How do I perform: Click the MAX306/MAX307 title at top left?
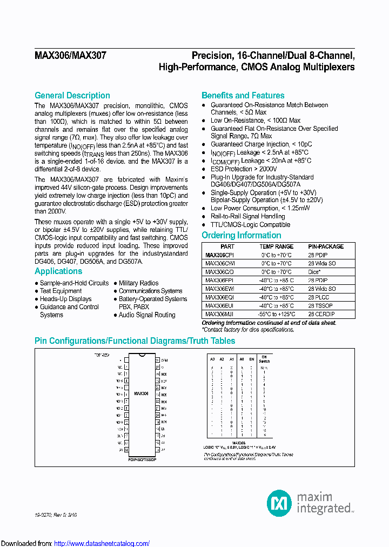[x=70, y=56]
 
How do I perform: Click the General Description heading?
[x=72, y=95]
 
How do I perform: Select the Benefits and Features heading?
[x=243, y=95]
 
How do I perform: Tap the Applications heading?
[x=58, y=271]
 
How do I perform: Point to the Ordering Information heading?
[x=241, y=235]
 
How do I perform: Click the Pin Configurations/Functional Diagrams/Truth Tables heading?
[x=135, y=341]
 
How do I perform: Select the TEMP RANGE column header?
[x=276, y=246]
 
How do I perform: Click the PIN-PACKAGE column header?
[x=326, y=246]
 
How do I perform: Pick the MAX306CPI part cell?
[x=219, y=255]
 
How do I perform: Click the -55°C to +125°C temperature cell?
[x=276, y=314]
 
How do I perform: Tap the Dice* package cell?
[x=314, y=272]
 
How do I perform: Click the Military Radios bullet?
[x=138, y=283]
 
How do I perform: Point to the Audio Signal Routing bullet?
[x=147, y=315]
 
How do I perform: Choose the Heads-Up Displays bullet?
[x=65, y=299]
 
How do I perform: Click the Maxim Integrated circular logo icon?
[x=279, y=503]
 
